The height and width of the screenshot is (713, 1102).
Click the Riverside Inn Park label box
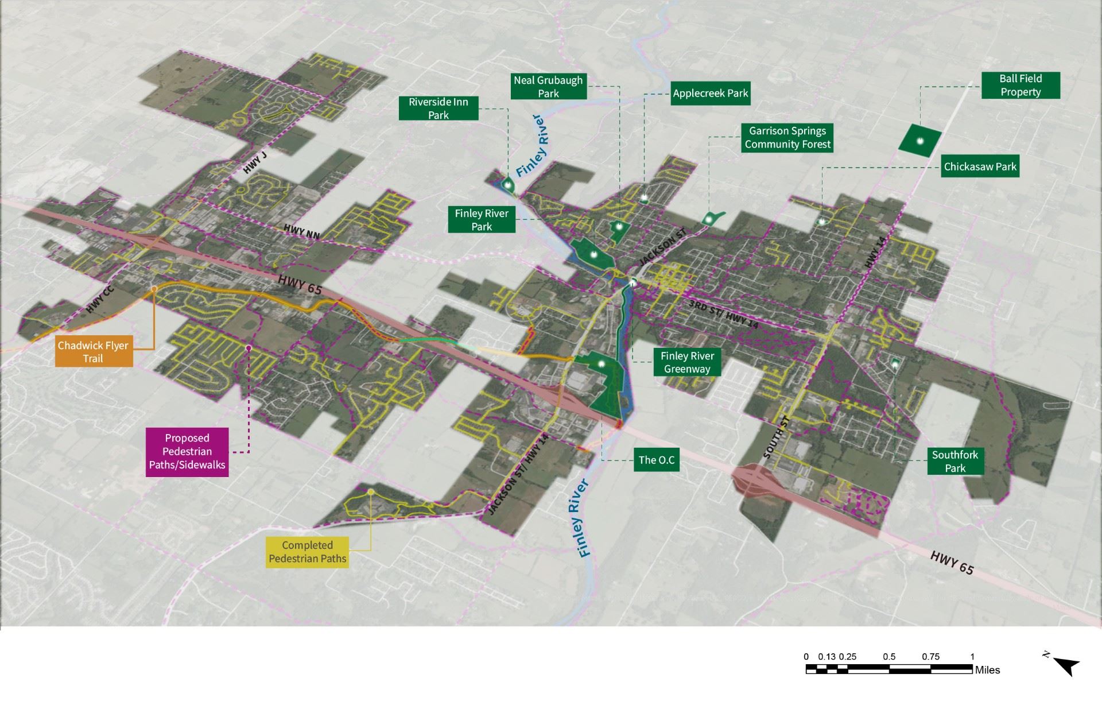[439, 108]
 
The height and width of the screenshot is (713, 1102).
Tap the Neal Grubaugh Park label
[548, 87]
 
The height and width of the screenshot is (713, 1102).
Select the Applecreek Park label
[711, 93]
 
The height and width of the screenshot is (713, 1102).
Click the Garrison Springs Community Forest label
[787, 138]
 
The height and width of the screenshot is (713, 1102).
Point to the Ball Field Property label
[1020, 86]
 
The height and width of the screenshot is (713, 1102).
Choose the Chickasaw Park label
[980, 167]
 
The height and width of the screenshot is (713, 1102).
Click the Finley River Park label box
[482, 220]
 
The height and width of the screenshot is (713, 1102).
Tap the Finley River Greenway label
[686, 363]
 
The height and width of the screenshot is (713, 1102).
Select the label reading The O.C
[657, 460]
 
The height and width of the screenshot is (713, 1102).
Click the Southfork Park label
[955, 462]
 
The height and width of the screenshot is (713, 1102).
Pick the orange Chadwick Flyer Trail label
[93, 352]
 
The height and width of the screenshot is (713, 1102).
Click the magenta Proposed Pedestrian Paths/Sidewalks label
[187, 452]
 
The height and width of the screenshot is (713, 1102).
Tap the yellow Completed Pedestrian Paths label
[307, 552]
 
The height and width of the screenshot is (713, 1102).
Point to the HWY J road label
[255, 163]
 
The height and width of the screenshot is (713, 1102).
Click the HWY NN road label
[302, 232]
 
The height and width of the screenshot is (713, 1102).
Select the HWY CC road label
[101, 300]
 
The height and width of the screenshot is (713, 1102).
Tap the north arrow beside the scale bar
[1066, 666]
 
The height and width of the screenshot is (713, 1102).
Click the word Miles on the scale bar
[987, 670]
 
